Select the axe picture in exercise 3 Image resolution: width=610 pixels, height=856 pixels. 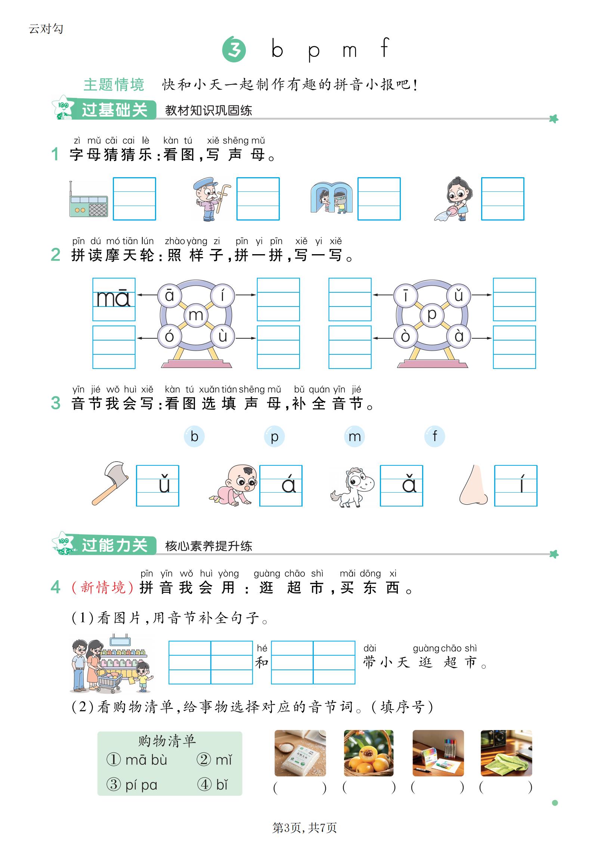point(111,483)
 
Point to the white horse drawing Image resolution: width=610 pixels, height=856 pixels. point(352,487)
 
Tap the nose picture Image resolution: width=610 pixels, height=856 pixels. point(473,485)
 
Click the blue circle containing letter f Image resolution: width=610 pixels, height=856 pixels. point(434,436)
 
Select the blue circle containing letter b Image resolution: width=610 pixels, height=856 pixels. point(194,436)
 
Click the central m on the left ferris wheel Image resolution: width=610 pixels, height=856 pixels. point(196,315)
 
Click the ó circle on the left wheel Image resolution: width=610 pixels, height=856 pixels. point(169,336)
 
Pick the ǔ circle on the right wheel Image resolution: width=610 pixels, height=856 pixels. point(459,295)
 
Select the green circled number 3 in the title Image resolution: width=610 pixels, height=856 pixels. point(234,49)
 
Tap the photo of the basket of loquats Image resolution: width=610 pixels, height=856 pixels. point(369,753)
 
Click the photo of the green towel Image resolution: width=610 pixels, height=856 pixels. point(506,753)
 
